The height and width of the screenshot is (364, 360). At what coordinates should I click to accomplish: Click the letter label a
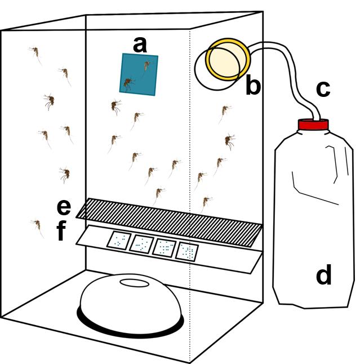pos(139,43)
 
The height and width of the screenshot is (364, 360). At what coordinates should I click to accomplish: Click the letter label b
pos(254,86)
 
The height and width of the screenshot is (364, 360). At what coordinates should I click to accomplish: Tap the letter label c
pos(322,88)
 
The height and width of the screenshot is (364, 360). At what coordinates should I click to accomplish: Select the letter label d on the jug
pos(323,276)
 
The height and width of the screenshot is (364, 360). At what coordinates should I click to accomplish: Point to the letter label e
pos(64,207)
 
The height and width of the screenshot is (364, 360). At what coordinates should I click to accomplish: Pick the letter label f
pos(63,232)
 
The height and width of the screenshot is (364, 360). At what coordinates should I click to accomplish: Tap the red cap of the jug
pos(313,125)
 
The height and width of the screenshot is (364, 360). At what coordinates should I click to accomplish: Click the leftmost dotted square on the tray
pos(119,241)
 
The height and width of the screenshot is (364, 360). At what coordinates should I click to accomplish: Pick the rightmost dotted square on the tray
pos(188,251)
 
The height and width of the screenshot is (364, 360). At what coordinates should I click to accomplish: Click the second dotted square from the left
pos(141,244)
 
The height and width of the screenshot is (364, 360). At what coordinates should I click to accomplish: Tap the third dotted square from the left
pos(165,248)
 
